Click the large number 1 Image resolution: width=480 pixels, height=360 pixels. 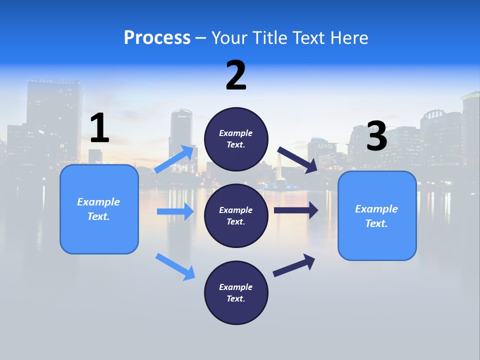[x=99, y=128]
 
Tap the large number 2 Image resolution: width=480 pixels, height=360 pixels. [x=236, y=75]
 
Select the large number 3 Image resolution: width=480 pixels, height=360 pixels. [x=376, y=136]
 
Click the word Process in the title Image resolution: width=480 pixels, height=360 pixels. [x=157, y=37]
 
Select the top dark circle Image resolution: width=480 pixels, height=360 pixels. [x=236, y=139]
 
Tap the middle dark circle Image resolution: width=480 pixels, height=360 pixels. [x=236, y=215]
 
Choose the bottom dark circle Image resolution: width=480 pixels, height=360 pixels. [x=236, y=292]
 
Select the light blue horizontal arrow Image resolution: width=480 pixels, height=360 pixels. [x=175, y=211]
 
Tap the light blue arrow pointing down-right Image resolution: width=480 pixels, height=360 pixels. [x=175, y=266]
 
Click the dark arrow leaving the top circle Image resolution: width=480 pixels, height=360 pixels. [x=297, y=160]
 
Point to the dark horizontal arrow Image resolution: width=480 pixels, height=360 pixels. [x=296, y=210]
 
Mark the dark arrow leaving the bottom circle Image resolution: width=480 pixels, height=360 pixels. [x=294, y=265]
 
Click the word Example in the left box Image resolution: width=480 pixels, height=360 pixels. [x=98, y=202]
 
